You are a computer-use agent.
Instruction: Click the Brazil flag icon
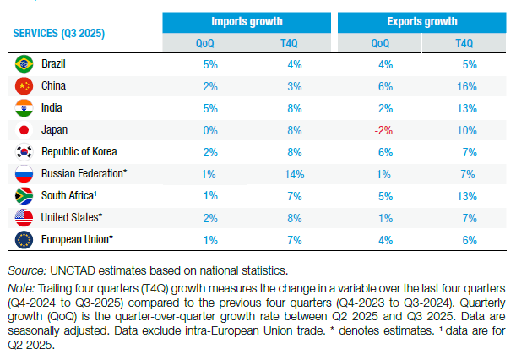pyautogui.click(x=24, y=63)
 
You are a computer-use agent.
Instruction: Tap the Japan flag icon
pyautogui.click(x=24, y=129)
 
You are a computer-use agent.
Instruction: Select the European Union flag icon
pyautogui.click(x=24, y=240)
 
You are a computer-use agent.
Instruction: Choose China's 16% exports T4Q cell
pyautogui.click(x=464, y=85)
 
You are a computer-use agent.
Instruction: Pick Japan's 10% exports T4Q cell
pyautogui.click(x=464, y=130)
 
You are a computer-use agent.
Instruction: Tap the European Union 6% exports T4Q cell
pyautogui.click(x=464, y=240)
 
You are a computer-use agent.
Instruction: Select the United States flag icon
pyautogui.click(x=24, y=218)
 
